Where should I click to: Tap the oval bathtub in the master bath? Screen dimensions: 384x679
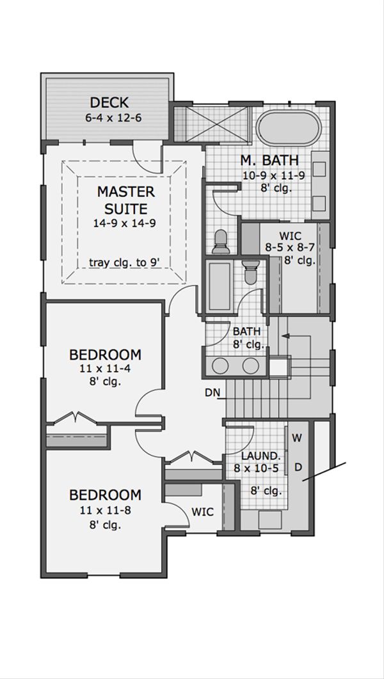289,128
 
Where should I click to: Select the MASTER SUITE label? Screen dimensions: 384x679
125,200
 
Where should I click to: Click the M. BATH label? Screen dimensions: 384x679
269,160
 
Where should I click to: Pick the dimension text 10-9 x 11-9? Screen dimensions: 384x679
274,176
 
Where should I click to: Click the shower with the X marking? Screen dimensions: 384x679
212,124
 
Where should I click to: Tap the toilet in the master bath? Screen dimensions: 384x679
221,242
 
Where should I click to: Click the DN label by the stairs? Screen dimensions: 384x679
212,393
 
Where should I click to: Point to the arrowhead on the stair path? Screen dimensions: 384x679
284,335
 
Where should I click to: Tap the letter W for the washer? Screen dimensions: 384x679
296,438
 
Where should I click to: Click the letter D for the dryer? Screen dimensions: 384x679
298,467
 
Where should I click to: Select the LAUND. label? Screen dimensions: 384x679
259,456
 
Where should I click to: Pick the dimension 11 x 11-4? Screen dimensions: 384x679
105,369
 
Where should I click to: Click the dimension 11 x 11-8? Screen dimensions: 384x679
105,510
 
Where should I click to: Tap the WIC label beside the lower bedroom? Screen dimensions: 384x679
203,512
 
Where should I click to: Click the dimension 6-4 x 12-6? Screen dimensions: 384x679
113,118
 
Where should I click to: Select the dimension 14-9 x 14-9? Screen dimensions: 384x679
124,223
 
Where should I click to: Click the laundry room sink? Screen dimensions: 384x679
269,520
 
